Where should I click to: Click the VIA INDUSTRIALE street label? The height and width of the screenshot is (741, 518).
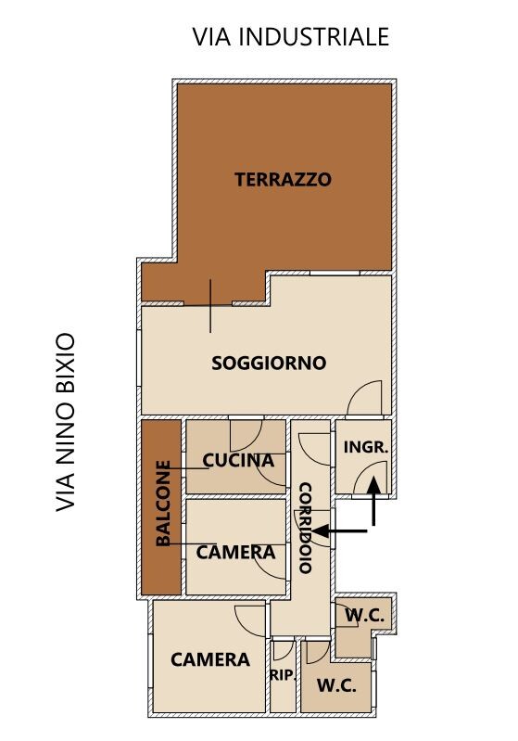click(290, 37)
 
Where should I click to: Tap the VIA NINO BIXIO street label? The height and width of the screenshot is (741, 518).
click(66, 422)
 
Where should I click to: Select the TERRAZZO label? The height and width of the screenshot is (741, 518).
click(284, 180)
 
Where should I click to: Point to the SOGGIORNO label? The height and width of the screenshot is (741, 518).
click(269, 363)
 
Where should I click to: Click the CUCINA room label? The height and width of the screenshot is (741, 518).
click(238, 460)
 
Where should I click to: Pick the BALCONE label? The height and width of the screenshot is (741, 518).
click(163, 504)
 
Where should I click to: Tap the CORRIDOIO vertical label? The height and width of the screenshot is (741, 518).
click(306, 528)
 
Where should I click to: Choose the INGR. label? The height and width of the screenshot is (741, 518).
click(366, 447)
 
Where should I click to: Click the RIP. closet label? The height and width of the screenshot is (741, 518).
click(283, 675)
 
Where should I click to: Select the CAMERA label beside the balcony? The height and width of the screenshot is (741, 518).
click(235, 552)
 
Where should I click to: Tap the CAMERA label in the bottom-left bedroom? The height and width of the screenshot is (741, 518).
click(210, 659)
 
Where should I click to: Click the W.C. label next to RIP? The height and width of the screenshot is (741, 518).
click(336, 685)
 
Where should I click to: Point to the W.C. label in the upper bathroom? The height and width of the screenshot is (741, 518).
click(364, 615)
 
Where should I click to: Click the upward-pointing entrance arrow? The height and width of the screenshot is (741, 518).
click(373, 501)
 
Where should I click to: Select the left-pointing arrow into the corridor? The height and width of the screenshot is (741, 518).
click(339, 531)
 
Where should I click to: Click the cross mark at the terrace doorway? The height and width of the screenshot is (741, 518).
click(210, 306)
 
